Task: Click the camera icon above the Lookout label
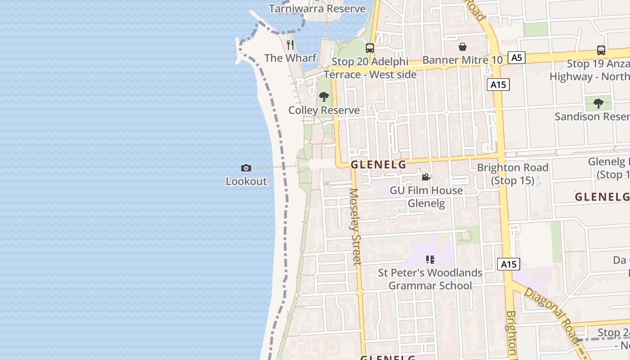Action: pyautogui.click(x=246, y=168)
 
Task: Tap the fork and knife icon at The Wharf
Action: pyautogui.click(x=290, y=45)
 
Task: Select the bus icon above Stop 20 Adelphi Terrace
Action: pyautogui.click(x=370, y=48)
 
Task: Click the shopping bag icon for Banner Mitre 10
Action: pyautogui.click(x=462, y=47)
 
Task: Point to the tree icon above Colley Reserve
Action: pyautogui.click(x=324, y=97)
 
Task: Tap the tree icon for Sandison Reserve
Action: pyautogui.click(x=598, y=103)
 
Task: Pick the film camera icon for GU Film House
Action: pyautogui.click(x=426, y=177)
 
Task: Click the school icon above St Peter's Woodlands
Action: pyautogui.click(x=430, y=260)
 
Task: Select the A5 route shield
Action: pyautogui.click(x=517, y=58)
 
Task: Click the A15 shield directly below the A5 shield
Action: pyautogui.click(x=498, y=85)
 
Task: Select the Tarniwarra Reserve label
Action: pyautogui.click(x=317, y=9)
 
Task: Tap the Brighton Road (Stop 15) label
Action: pyautogui.click(x=513, y=174)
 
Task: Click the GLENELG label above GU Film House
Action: pyautogui.click(x=378, y=165)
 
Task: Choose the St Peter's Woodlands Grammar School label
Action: pyautogui.click(x=430, y=279)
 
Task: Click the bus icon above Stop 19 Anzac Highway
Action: pyautogui.click(x=601, y=50)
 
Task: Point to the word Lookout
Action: pyautogui.click(x=246, y=181)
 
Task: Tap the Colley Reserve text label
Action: pyautogui.click(x=324, y=110)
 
